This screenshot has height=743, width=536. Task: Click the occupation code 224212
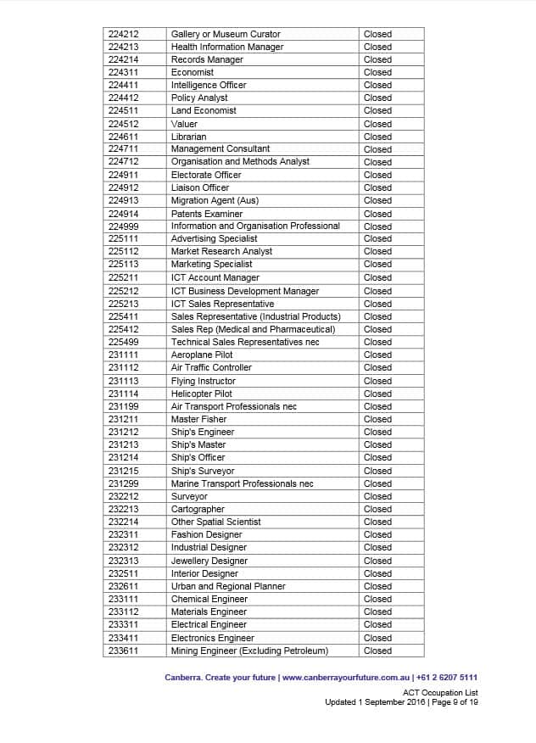[124, 34]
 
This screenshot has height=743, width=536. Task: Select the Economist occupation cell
[193, 72]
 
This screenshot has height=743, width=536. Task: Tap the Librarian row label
[188, 137]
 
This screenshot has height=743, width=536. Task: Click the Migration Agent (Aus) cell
[215, 200]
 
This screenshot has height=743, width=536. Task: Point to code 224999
[124, 226]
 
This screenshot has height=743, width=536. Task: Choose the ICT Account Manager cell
[215, 277]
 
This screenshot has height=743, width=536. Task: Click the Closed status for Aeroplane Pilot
[377, 355]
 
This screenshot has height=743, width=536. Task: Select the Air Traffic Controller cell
[211, 367]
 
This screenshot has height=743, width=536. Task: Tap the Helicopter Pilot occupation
[202, 394]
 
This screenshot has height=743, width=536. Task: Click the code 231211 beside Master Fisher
[124, 419]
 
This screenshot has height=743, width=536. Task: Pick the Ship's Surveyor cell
[203, 471]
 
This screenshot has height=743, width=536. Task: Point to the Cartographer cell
[198, 509]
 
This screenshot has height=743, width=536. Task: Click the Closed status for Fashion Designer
[377, 534]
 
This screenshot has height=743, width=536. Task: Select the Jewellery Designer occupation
[209, 561]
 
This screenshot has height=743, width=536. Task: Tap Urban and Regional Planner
[228, 586]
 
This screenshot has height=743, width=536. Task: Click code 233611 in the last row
[124, 651]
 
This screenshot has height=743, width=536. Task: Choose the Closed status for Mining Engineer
[377, 651]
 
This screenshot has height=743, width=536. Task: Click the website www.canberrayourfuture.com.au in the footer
[346, 678]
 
